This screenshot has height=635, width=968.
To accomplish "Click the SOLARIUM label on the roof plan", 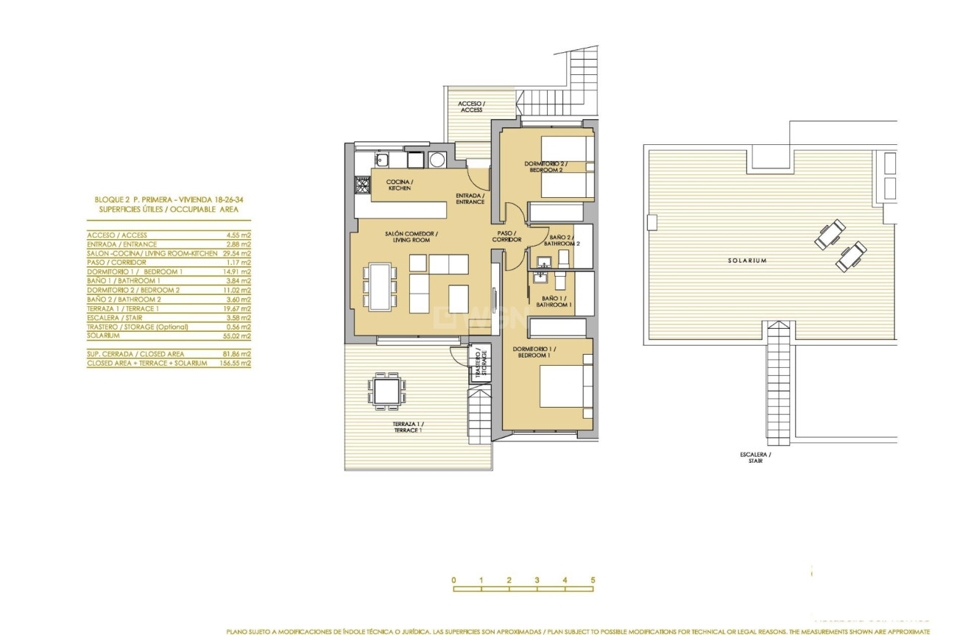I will [x=747, y=260].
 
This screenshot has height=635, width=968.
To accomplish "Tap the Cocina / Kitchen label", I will [x=400, y=185].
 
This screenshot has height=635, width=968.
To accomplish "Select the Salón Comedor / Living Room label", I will [x=411, y=236].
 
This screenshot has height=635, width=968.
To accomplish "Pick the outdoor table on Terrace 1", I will [x=386, y=389].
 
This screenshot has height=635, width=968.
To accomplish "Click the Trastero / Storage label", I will [x=480, y=363].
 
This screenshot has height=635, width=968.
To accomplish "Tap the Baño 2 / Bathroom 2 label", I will [x=562, y=240].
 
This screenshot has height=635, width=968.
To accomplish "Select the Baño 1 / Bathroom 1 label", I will [x=554, y=301].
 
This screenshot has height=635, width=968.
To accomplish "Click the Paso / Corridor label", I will [x=507, y=236].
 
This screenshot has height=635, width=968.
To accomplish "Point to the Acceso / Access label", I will [x=470, y=107].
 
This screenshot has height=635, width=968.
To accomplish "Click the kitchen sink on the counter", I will [x=381, y=160].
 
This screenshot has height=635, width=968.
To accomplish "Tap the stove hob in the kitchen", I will [x=361, y=185].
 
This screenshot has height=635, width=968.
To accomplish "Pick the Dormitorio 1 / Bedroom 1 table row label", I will [x=135, y=272].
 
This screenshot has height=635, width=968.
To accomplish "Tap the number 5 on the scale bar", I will [x=593, y=580].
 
